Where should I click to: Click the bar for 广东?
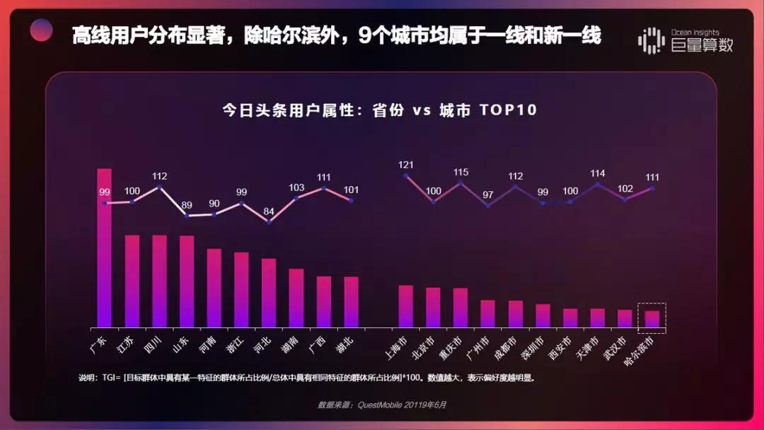[104, 248]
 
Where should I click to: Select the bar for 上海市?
[405, 306]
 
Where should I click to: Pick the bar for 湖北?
[351, 302]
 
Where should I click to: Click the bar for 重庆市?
[461, 308]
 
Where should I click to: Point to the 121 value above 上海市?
[406, 165]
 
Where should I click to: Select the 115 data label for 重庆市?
[461, 172]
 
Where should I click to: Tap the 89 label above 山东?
[187, 205]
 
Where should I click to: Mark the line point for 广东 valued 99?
[105, 204]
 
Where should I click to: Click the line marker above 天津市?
[598, 185]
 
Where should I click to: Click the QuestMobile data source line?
[382, 405]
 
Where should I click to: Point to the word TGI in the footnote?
[110, 378]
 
